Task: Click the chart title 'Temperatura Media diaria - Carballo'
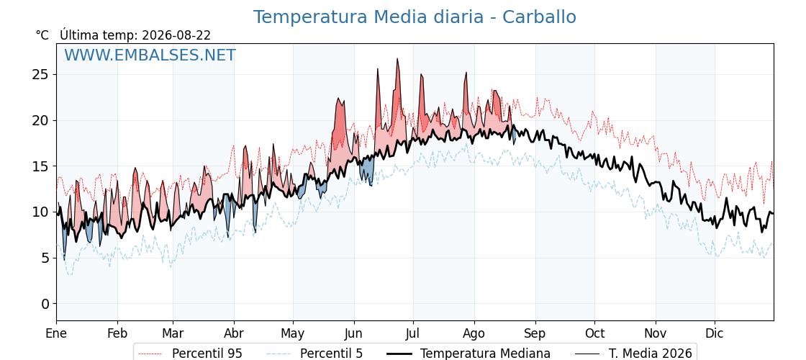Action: [x=415, y=17]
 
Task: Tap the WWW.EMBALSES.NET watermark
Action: [x=150, y=55]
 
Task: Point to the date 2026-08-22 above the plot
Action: [x=176, y=35]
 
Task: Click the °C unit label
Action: [x=42, y=35]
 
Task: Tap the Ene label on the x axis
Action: [x=57, y=333]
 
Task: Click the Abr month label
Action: [x=234, y=333]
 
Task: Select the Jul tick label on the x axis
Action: [x=413, y=333]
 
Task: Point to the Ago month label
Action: [x=474, y=334]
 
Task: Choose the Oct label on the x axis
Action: [x=594, y=333]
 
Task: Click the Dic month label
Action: [x=715, y=333]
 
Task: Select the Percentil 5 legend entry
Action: [x=314, y=354]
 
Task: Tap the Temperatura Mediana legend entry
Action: [x=468, y=354]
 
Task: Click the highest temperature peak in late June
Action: [x=397, y=59]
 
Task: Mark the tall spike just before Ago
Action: [x=466, y=73]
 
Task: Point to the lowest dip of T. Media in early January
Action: [x=64, y=260]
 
